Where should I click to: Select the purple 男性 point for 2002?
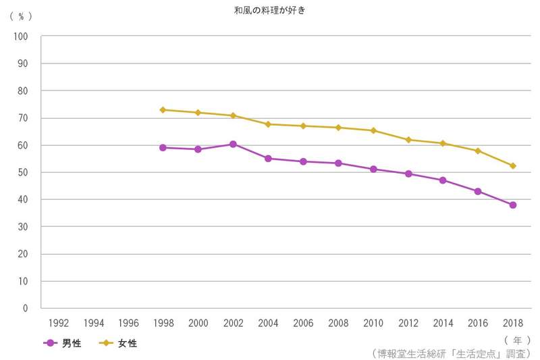[233, 144]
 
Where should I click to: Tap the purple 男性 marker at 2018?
[513, 205]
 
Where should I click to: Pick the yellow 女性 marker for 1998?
[163, 109]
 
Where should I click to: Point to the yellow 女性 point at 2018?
[513, 165]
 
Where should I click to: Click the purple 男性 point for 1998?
[163, 147]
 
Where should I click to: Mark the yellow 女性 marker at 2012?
[408, 140]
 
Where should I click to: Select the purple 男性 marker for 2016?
[478, 191]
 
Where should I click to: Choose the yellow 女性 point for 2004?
[268, 124]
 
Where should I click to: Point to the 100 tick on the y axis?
[20, 36]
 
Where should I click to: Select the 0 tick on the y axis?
[25, 308]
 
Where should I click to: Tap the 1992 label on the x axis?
[58, 323]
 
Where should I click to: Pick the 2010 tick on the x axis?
[373, 323]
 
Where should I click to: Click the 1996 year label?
[128, 323]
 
